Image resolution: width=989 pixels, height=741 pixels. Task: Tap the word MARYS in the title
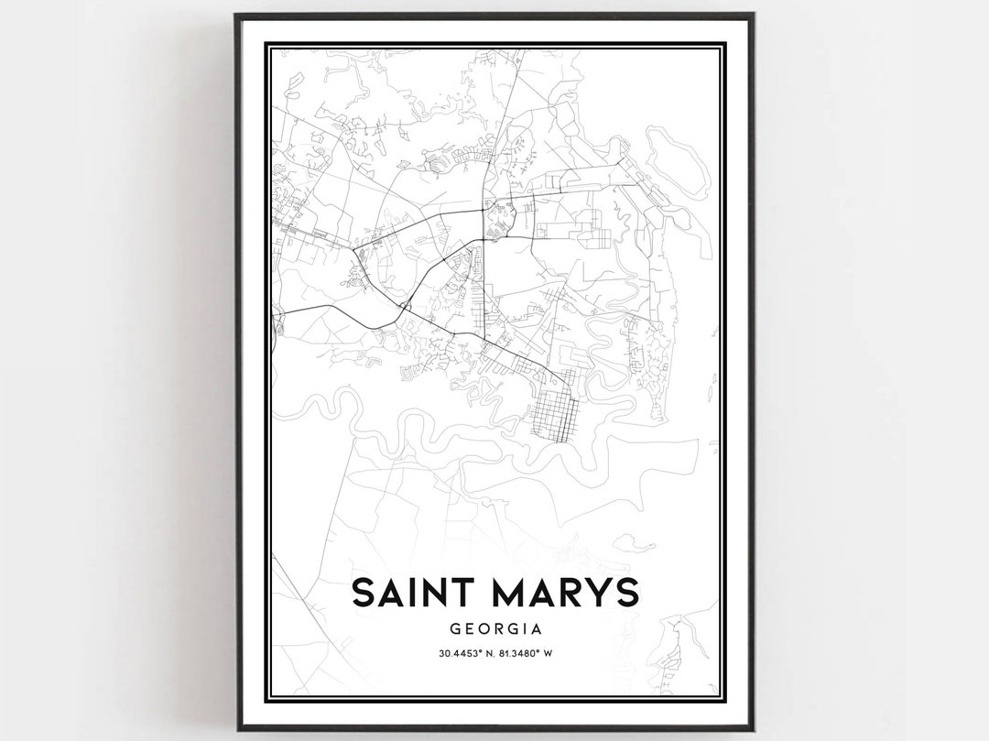(560, 593)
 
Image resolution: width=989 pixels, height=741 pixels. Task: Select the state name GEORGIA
(494, 629)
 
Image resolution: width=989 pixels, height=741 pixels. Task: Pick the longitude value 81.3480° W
(532, 653)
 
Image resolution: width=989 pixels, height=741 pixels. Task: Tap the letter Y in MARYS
(598, 593)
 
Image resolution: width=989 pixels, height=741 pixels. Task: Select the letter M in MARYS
(504, 593)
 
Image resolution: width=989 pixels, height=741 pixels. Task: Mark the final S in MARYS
(626, 593)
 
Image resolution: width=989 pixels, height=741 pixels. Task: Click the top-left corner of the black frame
(236, 15)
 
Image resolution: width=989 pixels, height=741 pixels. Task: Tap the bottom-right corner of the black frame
(753, 729)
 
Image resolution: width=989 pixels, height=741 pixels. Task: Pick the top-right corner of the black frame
(753, 15)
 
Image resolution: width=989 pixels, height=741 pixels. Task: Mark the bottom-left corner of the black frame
(236, 729)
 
